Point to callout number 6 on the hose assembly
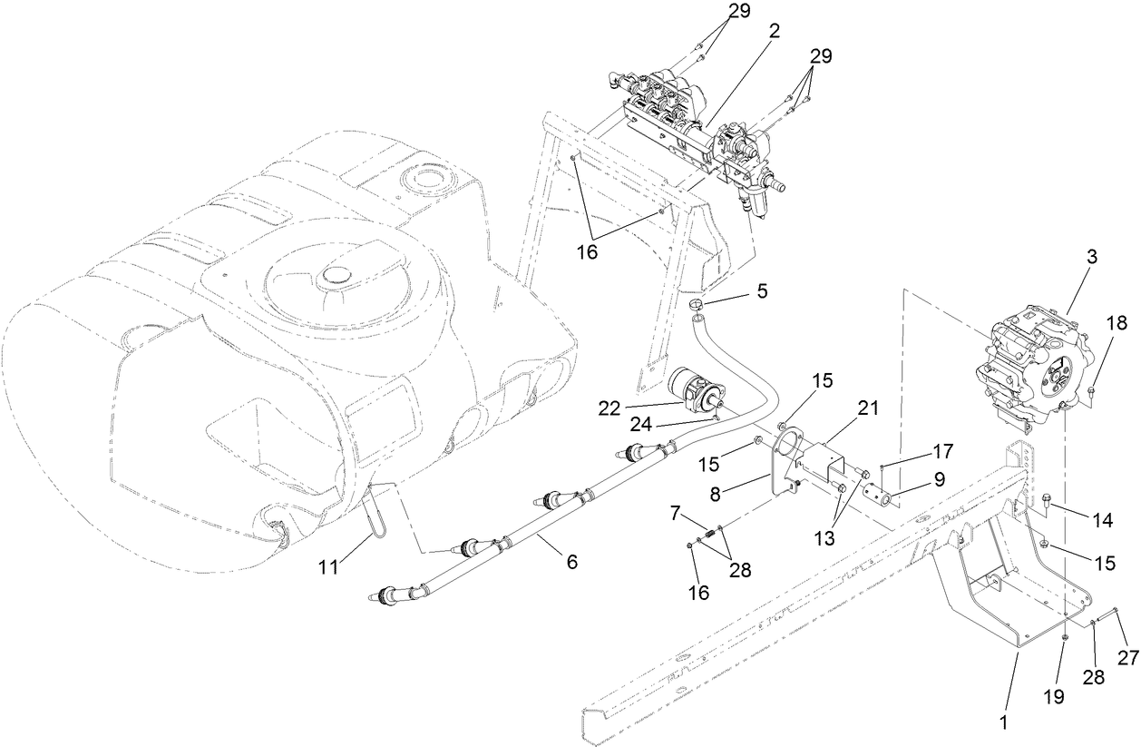(x=571, y=562)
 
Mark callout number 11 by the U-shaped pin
(x=329, y=566)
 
